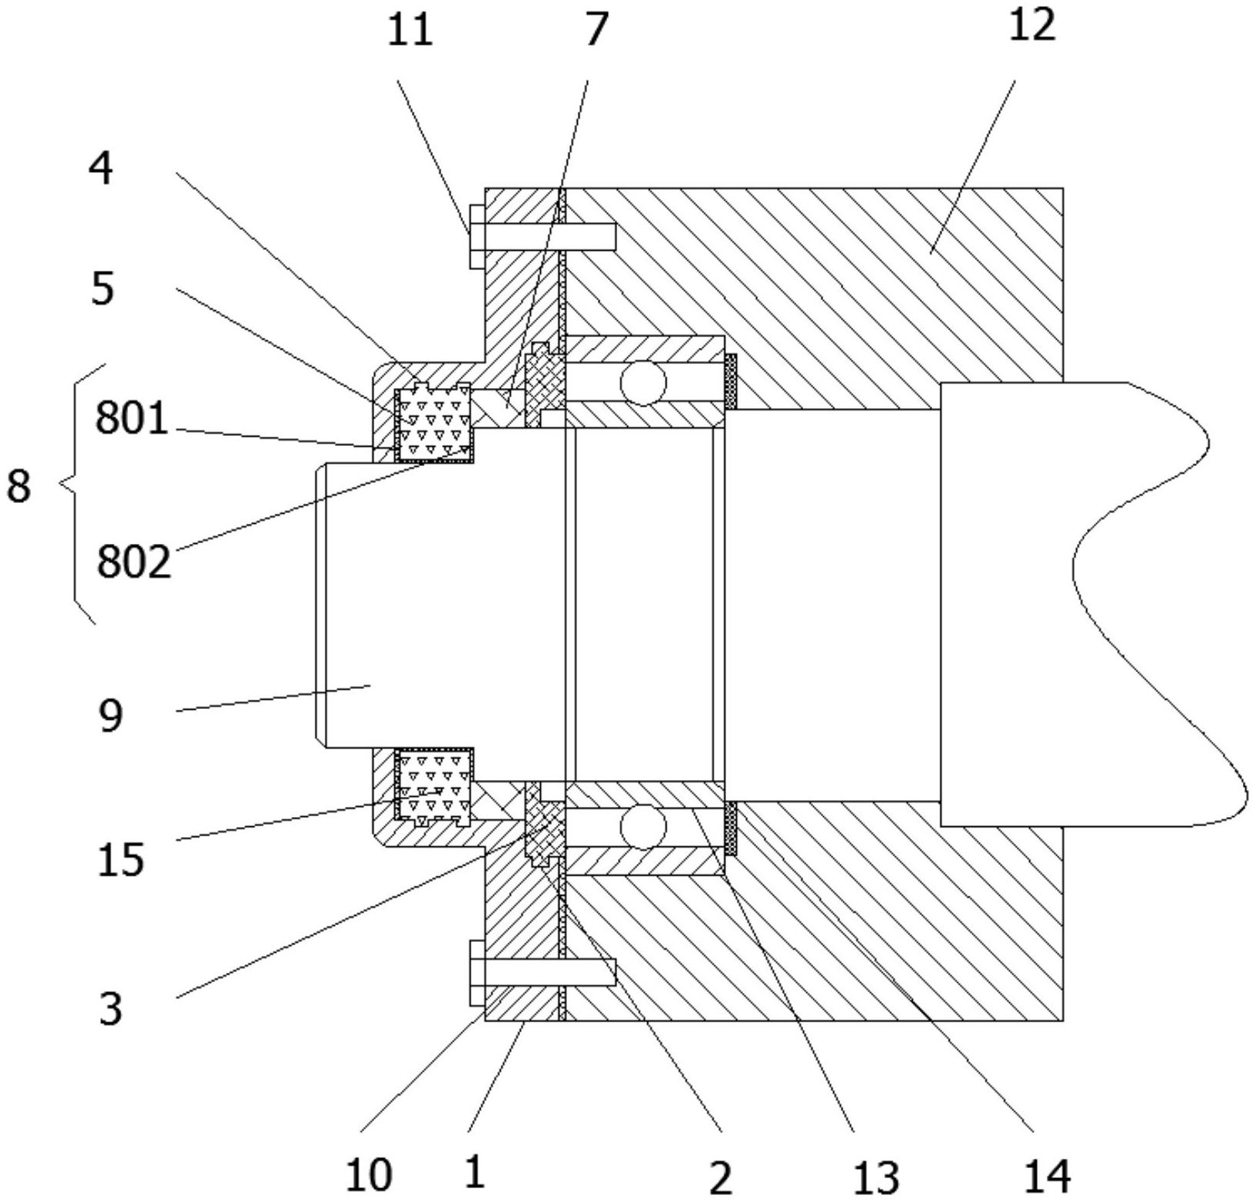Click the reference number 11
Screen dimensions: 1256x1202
click(x=410, y=32)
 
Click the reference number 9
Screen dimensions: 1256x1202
click(x=110, y=717)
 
